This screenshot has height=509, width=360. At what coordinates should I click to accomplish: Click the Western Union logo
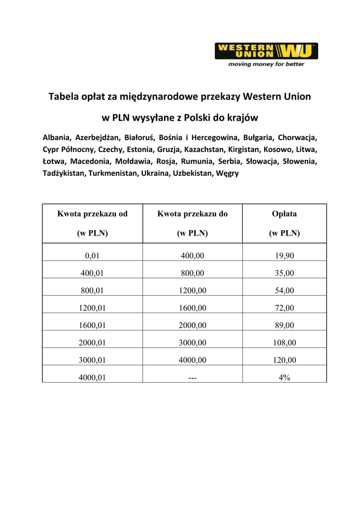[x=266, y=51]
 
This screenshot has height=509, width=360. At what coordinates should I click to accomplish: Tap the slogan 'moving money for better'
[x=266, y=64]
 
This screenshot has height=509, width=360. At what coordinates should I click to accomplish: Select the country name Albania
[x=57, y=137]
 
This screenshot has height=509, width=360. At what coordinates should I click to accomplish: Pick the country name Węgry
[x=227, y=173]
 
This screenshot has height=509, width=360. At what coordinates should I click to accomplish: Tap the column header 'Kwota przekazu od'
[x=92, y=214]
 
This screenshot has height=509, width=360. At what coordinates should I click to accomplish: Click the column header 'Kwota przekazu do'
[x=192, y=214]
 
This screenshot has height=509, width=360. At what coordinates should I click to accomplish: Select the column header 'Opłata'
[x=284, y=214]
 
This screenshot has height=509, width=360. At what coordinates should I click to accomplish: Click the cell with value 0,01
[x=92, y=256]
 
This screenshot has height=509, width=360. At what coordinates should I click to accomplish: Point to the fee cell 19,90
[x=284, y=256]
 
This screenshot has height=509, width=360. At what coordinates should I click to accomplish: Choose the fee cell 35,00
[x=284, y=273]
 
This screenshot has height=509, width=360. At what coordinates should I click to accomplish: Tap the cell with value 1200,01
[x=92, y=308]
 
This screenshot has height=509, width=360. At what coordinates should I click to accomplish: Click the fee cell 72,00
[x=284, y=308]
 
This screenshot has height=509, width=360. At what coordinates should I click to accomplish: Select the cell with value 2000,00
[x=192, y=325]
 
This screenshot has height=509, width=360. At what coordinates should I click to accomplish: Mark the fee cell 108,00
[x=284, y=342]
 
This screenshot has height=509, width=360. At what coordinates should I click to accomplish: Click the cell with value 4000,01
[x=92, y=377]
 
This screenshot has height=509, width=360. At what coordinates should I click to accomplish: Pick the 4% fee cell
[x=284, y=377]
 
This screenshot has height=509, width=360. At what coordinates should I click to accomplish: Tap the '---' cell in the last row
[x=192, y=378]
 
